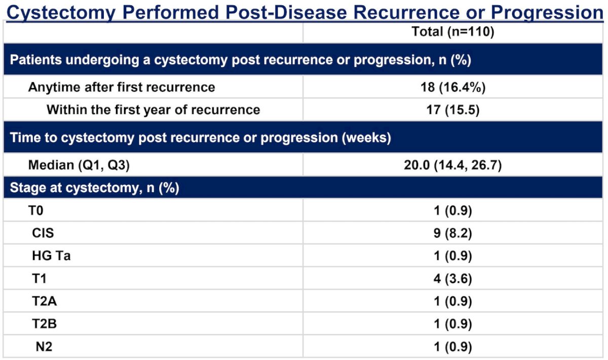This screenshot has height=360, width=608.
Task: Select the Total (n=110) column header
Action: [453, 31]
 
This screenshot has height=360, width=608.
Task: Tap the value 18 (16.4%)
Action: [453, 88]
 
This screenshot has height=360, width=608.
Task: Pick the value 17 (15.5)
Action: [453, 110]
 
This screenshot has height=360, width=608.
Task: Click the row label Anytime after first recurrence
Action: [122, 88]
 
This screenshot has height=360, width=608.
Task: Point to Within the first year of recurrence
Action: [154, 110]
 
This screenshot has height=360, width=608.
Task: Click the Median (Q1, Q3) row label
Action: [79, 165]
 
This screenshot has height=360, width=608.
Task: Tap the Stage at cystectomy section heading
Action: [94, 188]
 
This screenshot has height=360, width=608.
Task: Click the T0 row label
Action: [35, 210]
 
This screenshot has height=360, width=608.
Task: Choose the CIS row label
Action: [43, 233]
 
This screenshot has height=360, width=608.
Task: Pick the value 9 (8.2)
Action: [453, 233]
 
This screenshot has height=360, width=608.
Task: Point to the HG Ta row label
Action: [51, 256]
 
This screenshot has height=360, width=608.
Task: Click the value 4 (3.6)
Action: [453, 279]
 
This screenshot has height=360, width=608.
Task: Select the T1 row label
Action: [39, 279]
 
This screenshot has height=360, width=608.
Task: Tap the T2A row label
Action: [45, 301]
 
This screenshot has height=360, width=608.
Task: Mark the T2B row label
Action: [45, 324]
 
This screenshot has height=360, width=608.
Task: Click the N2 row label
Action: [44, 347]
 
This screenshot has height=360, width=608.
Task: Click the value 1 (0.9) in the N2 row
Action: [453, 347]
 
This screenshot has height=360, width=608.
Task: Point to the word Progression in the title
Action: [547, 13]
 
